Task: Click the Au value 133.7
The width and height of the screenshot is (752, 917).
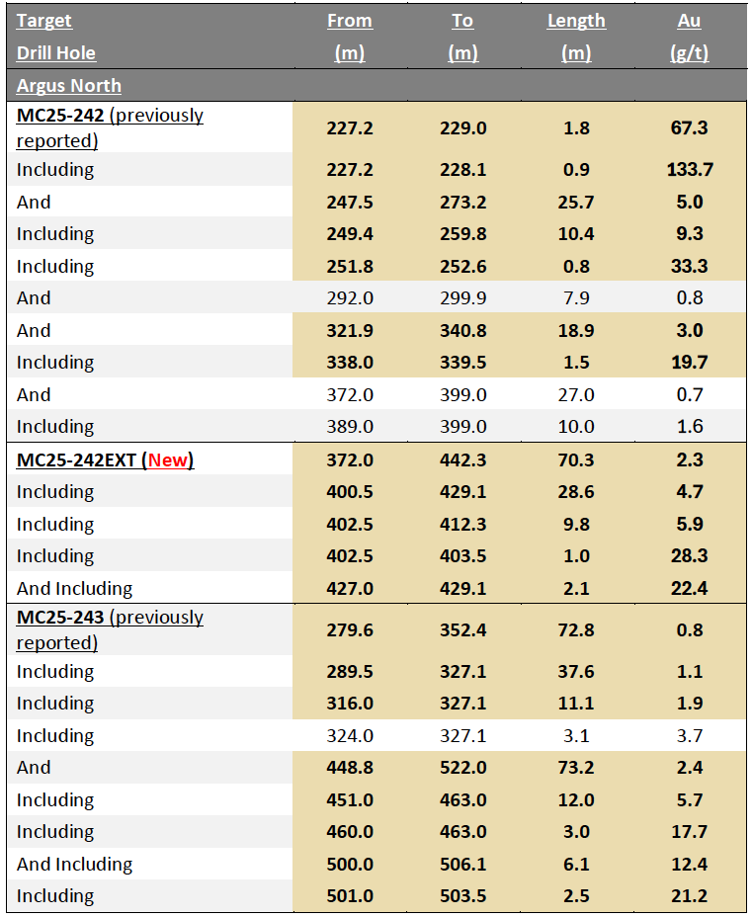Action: tap(689, 170)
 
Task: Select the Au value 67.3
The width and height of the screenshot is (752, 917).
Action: tap(689, 127)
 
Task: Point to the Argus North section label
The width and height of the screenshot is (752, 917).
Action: tap(69, 86)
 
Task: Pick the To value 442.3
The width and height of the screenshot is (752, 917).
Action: tap(462, 459)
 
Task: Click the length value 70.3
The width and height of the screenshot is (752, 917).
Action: tap(576, 459)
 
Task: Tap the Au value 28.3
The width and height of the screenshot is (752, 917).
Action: tap(689, 556)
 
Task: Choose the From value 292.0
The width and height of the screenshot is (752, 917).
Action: tap(350, 298)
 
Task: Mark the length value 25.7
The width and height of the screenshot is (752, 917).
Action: tap(576, 203)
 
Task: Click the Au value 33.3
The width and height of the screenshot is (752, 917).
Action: tap(689, 267)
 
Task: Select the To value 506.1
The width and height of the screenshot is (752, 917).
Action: tap(462, 865)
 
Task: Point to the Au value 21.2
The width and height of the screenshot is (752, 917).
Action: tap(689, 896)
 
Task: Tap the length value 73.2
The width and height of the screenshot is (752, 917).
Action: tap(576, 768)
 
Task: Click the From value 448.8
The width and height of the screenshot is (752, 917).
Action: tap(350, 768)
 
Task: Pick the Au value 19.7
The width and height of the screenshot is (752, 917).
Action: tap(689, 363)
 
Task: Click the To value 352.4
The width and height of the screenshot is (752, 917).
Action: tap(462, 629)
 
